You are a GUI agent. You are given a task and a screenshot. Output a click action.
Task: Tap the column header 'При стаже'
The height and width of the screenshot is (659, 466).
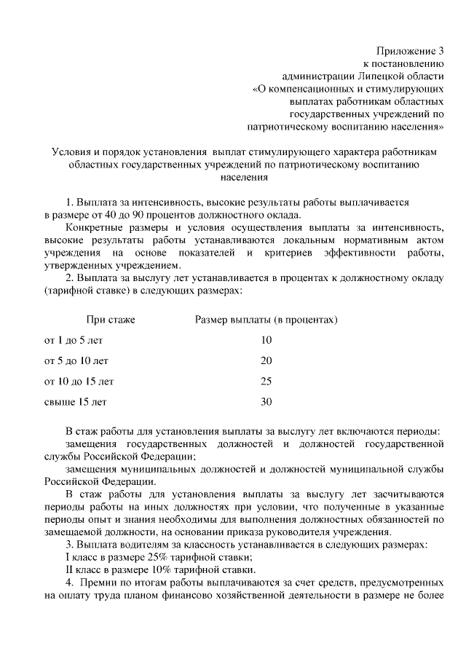pyautogui.click(x=111, y=319)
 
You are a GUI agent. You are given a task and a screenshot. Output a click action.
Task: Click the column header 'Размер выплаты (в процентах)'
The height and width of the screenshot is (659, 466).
pyautogui.click(x=266, y=319)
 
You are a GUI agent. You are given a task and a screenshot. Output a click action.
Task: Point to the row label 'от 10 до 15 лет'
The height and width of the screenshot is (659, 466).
pyautogui.click(x=79, y=381)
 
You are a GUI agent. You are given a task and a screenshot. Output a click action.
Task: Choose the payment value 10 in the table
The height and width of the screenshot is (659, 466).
pyautogui.click(x=266, y=339)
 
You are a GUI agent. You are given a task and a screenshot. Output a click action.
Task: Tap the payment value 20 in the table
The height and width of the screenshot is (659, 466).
pyautogui.click(x=266, y=360)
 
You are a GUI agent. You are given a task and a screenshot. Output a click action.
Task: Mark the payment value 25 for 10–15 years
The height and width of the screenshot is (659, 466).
pyautogui.click(x=266, y=381)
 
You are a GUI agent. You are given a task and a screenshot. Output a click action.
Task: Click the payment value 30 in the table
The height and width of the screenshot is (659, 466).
pyautogui.click(x=266, y=401)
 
